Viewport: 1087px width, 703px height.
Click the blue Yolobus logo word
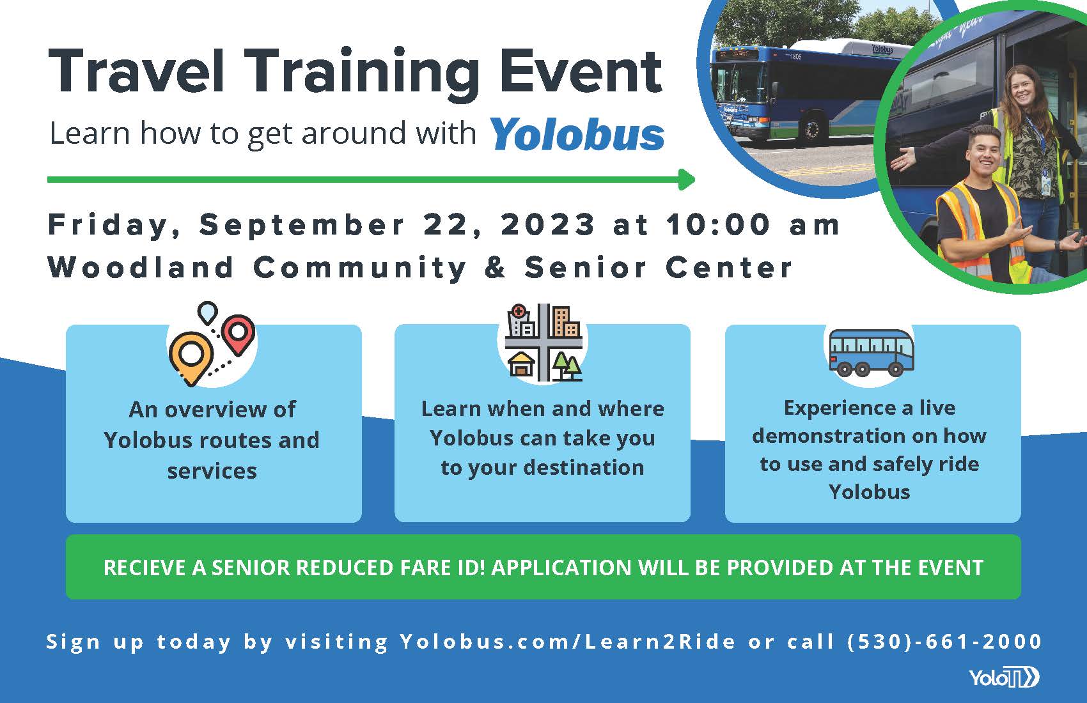pyautogui.click(x=577, y=134)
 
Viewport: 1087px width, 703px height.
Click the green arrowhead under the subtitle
pyautogui.click(x=687, y=180)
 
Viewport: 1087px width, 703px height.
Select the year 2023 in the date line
pyautogui.click(x=548, y=224)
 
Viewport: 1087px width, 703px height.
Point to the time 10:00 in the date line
pyautogui.click(x=718, y=224)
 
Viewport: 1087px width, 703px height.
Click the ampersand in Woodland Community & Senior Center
pyautogui.click(x=496, y=267)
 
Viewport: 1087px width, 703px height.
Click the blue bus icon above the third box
pyautogui.click(x=872, y=353)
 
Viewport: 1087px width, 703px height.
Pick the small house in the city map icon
pyautogui.click(x=520, y=364)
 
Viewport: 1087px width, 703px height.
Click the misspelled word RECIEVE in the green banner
pyautogui.click(x=145, y=568)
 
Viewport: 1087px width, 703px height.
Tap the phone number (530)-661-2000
pyautogui.click(x=944, y=642)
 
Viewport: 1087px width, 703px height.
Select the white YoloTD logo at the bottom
pyautogui.click(x=1004, y=677)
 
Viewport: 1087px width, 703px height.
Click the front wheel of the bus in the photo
pyautogui.click(x=811, y=128)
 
